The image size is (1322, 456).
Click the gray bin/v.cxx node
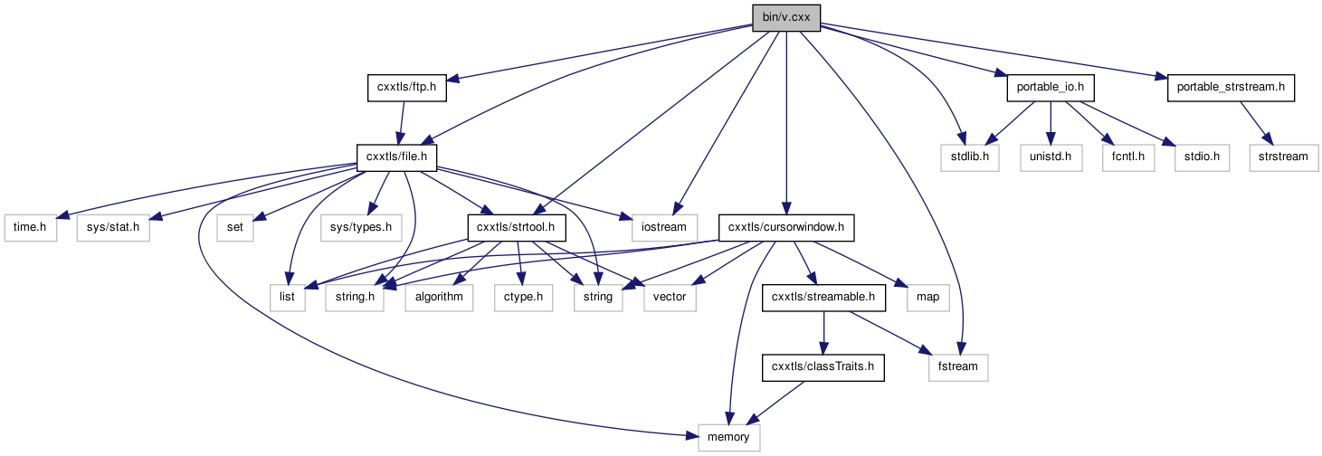pos(786,17)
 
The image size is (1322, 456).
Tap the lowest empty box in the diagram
pos(728,438)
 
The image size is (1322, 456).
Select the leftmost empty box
pos(31,228)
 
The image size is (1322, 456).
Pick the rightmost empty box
pos(1283,157)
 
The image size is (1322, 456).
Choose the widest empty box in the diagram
pos(361,228)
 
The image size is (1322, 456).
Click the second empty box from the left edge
pos(113,228)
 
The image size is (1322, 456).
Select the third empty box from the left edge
pos(235,228)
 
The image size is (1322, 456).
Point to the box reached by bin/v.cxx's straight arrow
pos(665,228)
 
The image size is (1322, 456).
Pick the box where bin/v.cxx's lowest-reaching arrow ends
pos(958,367)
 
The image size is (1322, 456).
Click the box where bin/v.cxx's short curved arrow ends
pos(969,157)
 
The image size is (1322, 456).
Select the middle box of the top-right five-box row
pos(1128,157)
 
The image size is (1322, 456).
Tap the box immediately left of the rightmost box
pos(1202,157)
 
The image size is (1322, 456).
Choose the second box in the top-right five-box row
pos(1051,157)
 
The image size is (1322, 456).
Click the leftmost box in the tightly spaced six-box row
pos(288,298)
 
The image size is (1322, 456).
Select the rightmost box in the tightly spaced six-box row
pos(670,298)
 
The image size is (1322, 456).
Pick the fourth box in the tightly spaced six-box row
pos(523,298)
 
